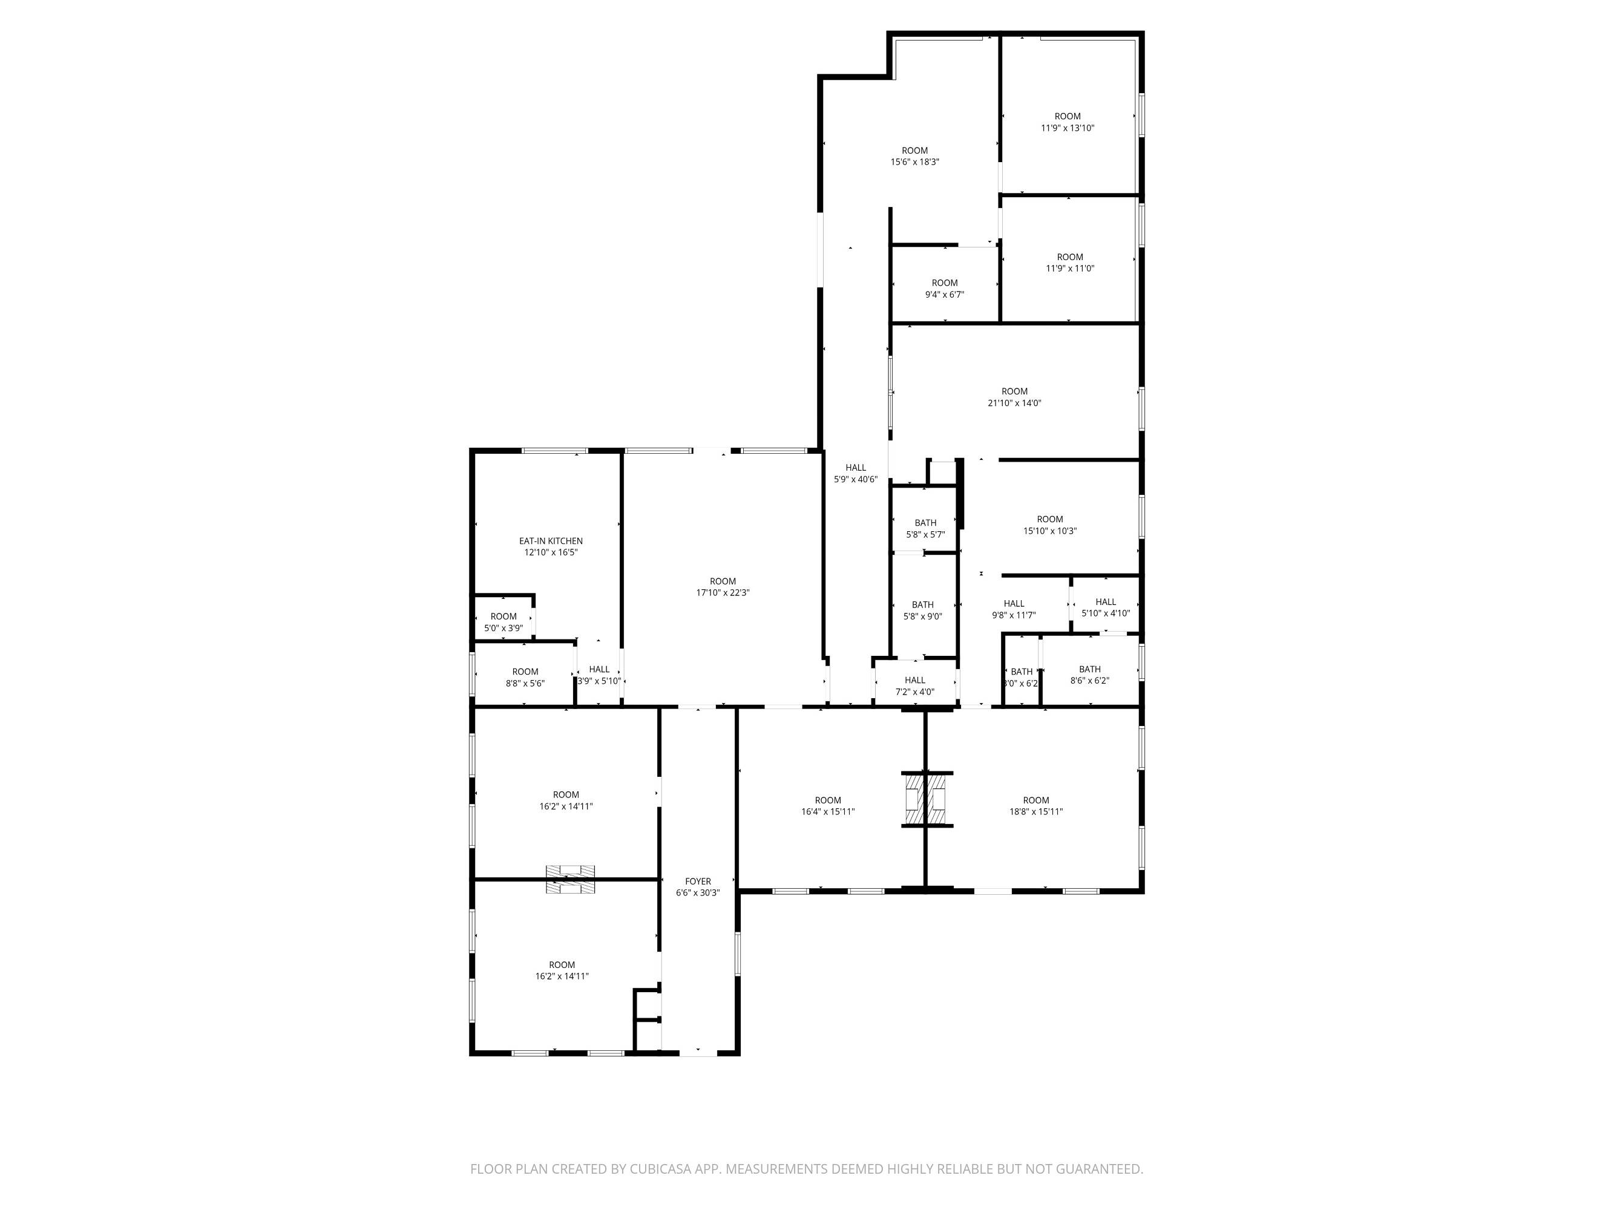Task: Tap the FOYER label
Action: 698,881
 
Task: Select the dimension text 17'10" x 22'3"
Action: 723,593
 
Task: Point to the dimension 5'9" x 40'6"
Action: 856,480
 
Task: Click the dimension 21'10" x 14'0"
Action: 1014,402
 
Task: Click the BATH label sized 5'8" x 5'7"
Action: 925,523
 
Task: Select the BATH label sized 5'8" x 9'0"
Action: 923,604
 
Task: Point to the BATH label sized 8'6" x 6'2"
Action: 1089,669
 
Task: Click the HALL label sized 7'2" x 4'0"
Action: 915,681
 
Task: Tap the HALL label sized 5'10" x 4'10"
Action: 1106,602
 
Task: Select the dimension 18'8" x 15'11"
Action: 1036,812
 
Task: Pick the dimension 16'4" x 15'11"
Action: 827,812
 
